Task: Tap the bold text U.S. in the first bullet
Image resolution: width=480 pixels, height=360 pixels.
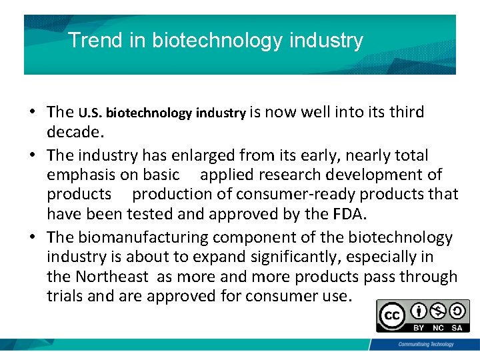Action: pyautogui.click(x=91, y=113)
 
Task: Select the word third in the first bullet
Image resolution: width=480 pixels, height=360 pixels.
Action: pyautogui.click(x=403, y=111)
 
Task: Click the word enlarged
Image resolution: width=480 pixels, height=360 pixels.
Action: pyautogui.click(x=213, y=155)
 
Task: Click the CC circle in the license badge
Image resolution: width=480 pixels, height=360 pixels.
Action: pyautogui.click(x=391, y=315)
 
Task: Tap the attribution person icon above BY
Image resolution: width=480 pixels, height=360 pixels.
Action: pyautogui.click(x=419, y=311)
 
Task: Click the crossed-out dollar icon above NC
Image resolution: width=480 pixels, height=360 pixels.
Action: pyautogui.click(x=438, y=311)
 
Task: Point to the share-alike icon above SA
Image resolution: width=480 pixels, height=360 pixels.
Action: pyautogui.click(x=457, y=311)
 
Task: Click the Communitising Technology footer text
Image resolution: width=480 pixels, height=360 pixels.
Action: pyautogui.click(x=425, y=344)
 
